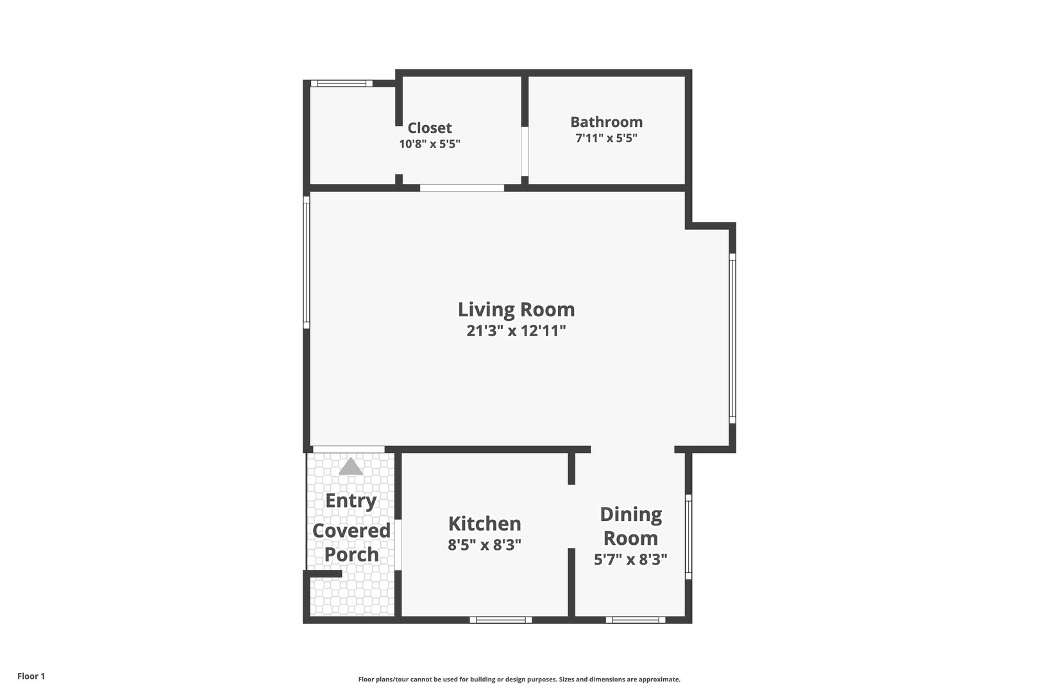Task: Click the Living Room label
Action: [516, 310]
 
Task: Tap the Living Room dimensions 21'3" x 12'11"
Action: [516, 331]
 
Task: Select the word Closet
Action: [430, 128]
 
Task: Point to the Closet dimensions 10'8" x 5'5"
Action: [430, 144]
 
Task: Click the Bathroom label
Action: [606, 122]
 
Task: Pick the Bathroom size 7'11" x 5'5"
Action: [606, 138]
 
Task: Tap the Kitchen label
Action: [485, 524]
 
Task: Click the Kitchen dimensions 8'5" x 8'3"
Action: [485, 545]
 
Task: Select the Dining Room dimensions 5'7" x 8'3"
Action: [630, 560]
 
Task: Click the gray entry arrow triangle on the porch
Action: [351, 467]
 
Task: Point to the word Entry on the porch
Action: [351, 502]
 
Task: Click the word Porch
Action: [351, 554]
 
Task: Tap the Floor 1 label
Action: [31, 676]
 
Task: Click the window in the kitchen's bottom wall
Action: [500, 620]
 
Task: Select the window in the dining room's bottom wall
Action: [636, 620]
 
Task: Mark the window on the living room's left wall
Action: [306, 262]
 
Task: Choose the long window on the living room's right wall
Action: [732, 338]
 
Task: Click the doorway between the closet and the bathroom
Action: [525, 151]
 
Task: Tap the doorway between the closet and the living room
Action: [462, 188]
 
